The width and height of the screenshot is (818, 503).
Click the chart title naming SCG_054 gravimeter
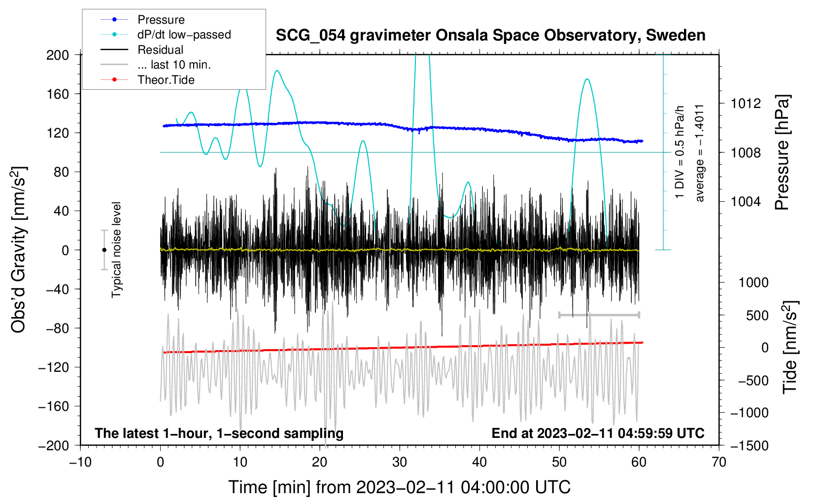point(490,36)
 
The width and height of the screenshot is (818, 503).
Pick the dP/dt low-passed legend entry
point(184,35)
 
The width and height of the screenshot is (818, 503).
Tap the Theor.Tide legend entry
point(166,80)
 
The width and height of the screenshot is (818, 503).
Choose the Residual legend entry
point(160,50)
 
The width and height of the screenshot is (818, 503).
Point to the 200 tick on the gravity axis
point(58,55)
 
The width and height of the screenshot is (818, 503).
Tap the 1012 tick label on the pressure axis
point(746,104)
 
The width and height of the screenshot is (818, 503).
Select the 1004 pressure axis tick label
point(746,201)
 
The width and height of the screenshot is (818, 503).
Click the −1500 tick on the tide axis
point(750,445)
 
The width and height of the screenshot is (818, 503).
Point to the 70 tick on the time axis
point(719,462)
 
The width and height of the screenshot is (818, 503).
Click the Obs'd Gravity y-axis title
point(19,250)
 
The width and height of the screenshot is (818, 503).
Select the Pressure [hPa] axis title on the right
point(782,153)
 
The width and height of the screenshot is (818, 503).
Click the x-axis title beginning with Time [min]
point(400,487)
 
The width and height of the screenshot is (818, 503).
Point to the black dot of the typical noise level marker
point(104,250)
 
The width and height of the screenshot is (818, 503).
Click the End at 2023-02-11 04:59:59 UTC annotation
point(598,433)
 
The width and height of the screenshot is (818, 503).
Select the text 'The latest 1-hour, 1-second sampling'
point(219,433)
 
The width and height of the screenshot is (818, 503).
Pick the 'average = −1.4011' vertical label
point(700,153)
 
